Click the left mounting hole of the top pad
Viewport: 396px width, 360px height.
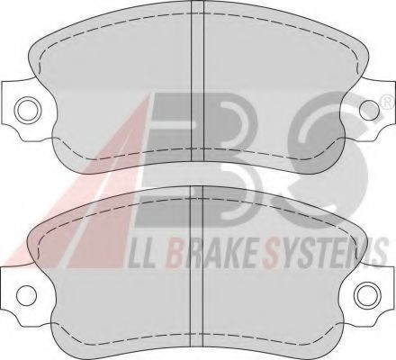pos(27,109)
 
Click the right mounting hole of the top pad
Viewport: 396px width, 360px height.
pos(369,109)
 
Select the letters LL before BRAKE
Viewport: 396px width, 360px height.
pos(142,254)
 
